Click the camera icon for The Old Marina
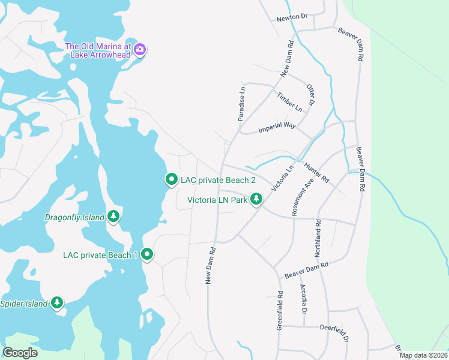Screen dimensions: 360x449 click(140, 50)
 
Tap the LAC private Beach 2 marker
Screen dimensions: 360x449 click(171, 179)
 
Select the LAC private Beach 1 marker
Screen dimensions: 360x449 click(147, 255)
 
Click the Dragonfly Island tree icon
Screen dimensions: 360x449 click(113, 217)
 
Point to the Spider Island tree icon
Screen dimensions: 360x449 click(57, 304)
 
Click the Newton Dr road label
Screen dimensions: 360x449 click(292, 19)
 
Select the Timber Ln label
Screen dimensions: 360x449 click(289, 101)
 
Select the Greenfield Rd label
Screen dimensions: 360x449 click(280, 305)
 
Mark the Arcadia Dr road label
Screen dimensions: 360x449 click(303, 298)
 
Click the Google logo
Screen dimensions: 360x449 click(20, 353)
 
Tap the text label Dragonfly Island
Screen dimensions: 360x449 click(75, 217)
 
